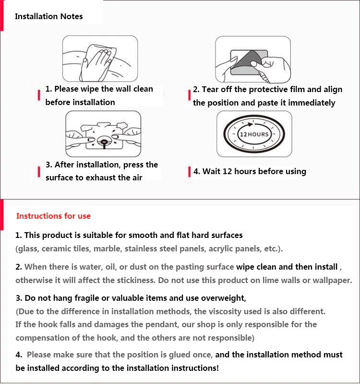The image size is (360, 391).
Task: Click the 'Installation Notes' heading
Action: coord(48,16)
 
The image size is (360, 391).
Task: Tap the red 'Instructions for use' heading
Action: coord(53,216)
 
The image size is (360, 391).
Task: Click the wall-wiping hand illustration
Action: coord(100,59)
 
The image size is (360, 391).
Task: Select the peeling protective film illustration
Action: coord(252,59)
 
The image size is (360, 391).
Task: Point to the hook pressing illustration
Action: coord(103,134)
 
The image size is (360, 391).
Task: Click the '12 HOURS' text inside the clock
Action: coord(254,134)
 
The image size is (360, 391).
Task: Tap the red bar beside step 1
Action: coord(38,95)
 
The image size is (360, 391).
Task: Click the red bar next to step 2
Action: coord(189,95)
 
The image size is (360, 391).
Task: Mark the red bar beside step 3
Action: coord(38,172)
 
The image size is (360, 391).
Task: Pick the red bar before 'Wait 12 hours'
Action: coord(190,172)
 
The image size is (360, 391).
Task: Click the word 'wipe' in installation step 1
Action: coord(90,89)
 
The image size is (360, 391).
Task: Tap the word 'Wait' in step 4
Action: coord(212,171)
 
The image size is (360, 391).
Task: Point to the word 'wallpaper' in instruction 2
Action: coord(332,280)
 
